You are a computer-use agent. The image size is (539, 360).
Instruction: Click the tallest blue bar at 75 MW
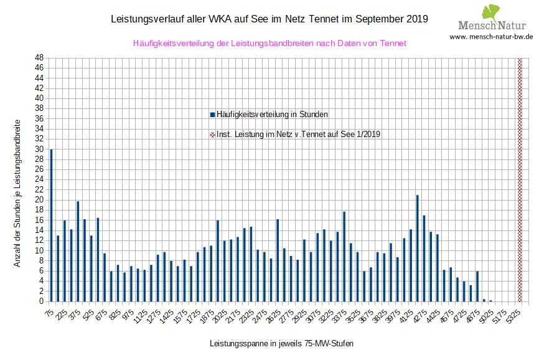coord(51,225)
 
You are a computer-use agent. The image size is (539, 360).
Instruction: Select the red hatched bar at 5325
coord(520,181)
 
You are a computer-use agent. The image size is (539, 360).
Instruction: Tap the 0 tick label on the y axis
coord(40,301)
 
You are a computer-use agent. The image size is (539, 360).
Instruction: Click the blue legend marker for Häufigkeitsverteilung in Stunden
coord(212,115)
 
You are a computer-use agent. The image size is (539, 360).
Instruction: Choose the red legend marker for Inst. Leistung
coord(212,134)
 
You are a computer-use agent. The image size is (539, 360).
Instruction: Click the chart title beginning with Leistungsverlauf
coord(269,19)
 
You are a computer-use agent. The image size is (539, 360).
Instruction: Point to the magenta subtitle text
coord(269,43)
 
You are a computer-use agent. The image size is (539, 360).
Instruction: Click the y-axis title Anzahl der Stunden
coord(17,193)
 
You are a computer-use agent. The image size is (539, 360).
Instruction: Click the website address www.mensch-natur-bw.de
coord(490,37)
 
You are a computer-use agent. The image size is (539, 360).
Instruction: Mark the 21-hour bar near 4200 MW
coord(417,249)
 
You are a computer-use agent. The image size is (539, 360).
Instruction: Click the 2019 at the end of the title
coord(416,19)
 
